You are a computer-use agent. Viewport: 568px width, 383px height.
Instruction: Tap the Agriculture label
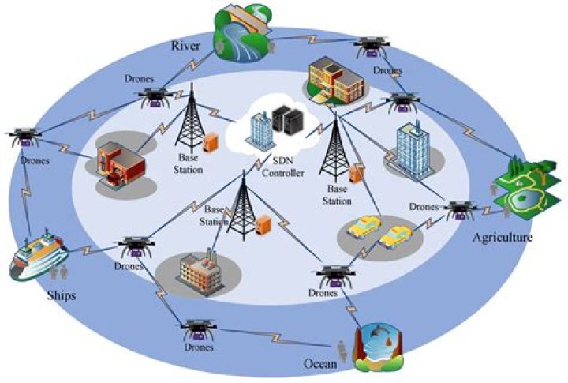point(503,236)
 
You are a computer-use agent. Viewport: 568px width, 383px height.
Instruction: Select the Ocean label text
point(321,364)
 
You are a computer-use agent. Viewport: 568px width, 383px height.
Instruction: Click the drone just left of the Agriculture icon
point(459,210)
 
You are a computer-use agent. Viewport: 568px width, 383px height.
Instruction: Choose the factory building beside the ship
point(197,271)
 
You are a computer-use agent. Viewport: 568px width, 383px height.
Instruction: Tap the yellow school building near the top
point(335,81)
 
